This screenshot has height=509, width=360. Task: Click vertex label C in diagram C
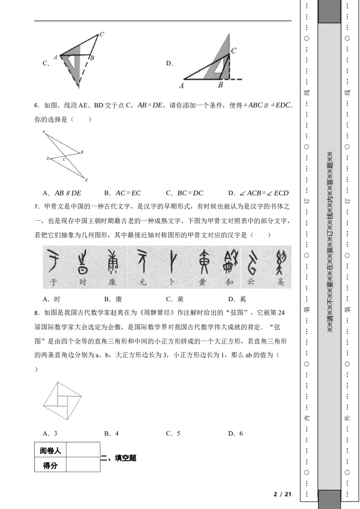[102, 34]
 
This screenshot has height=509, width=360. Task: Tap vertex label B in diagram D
[220, 85]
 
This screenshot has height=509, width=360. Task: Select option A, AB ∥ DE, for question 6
[62, 193]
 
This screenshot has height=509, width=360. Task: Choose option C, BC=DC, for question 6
[184, 193]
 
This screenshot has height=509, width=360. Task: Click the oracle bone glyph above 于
[53, 260]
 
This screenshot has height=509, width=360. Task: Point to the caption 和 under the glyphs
[229, 282]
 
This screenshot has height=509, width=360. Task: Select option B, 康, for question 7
[113, 299]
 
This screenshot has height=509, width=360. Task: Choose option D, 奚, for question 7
[237, 299]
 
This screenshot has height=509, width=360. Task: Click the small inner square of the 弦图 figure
[62, 401]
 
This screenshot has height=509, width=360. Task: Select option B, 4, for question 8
[112, 433]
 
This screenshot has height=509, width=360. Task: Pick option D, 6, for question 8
[235, 433]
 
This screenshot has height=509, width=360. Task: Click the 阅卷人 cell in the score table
[50, 450]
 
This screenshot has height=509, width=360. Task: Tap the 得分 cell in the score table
[50, 465]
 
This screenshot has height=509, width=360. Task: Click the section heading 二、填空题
[118, 458]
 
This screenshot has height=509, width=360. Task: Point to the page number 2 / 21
[282, 494]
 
